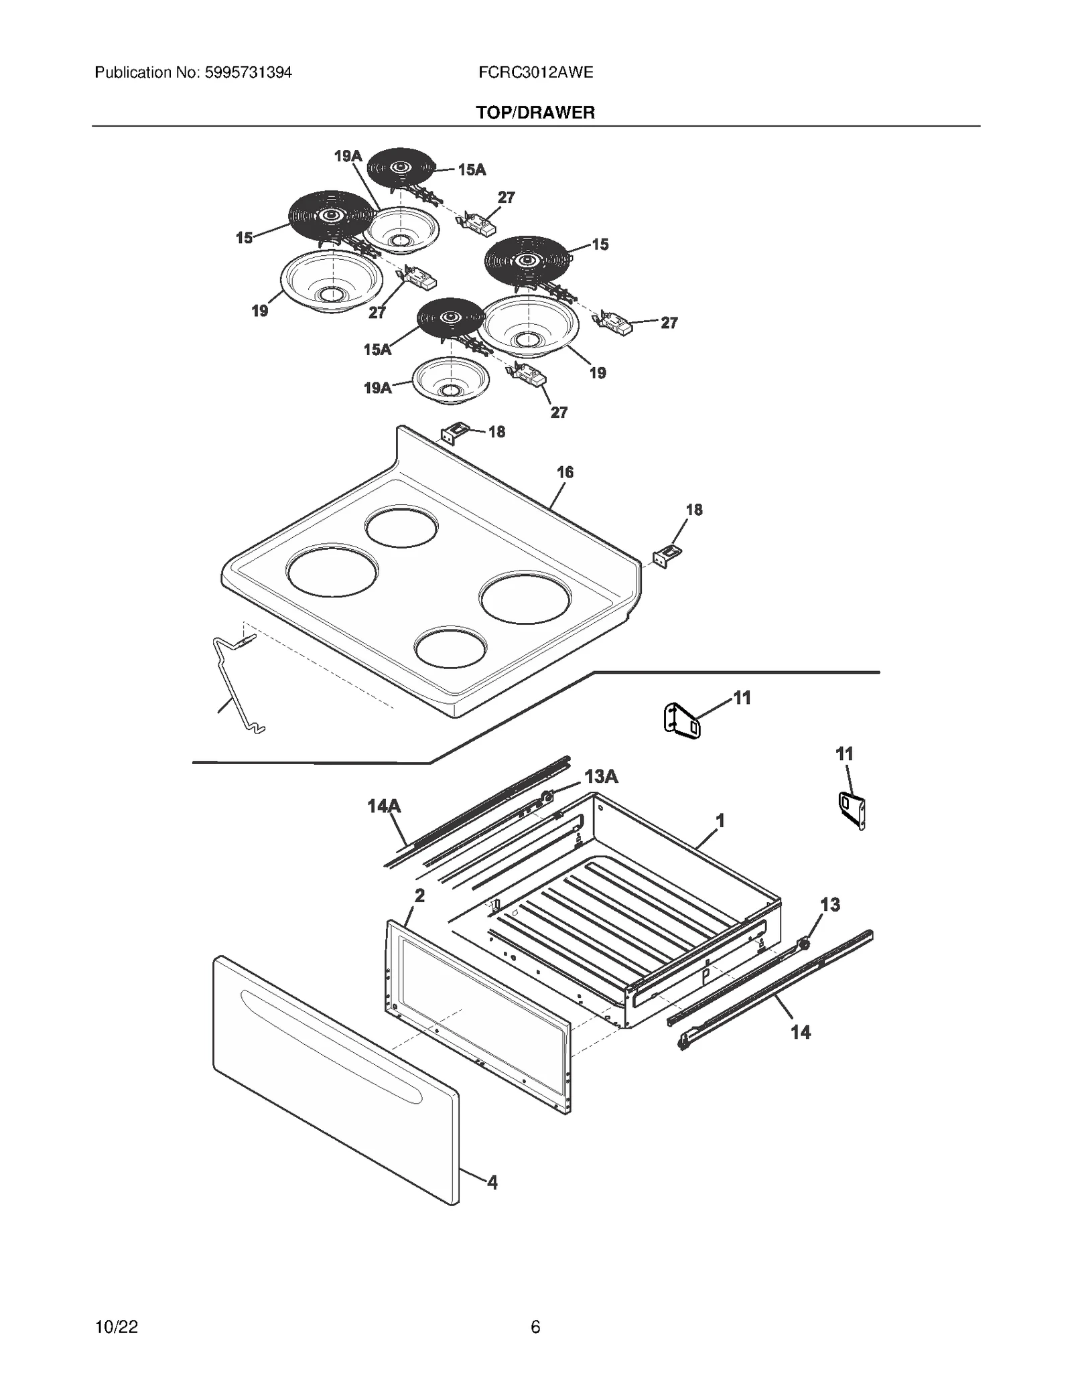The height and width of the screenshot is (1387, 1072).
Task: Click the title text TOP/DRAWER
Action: pos(535,113)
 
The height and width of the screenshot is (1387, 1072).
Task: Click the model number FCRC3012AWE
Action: pos(535,72)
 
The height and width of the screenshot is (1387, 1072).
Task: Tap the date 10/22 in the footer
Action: pos(117,1327)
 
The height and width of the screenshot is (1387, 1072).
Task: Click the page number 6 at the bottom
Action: pos(535,1327)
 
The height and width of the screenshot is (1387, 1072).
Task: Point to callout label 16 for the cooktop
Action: pos(565,473)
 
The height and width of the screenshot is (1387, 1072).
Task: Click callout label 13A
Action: pos(601,777)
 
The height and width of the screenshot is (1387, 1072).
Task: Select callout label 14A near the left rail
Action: pos(383,806)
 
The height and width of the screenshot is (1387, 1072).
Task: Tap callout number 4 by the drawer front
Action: pos(492,1182)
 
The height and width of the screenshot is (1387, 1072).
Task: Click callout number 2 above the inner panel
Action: pos(419,895)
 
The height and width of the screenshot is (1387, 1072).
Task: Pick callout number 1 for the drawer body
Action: pos(720,820)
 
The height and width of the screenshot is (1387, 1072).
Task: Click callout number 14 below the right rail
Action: pos(801,1032)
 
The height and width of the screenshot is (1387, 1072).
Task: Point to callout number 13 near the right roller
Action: pos(830,905)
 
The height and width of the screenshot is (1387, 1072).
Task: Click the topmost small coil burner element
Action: pos(401,165)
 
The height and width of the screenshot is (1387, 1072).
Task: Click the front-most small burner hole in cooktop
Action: pos(450,648)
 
